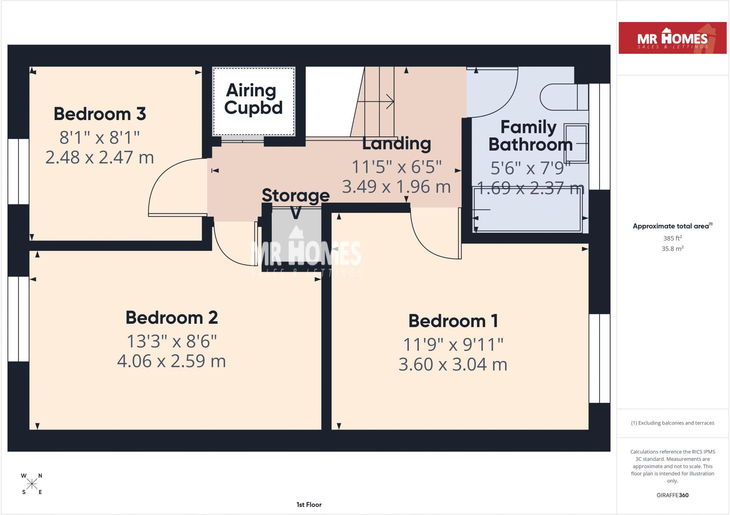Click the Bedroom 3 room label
(100, 114)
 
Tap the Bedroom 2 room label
(171, 317)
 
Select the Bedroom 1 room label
(453, 321)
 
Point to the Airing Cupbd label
(253, 99)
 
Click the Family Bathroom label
(530, 136)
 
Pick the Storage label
(295, 195)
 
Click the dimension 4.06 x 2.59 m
(171, 361)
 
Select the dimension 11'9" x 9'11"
(453, 344)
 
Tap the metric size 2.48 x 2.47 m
(100, 157)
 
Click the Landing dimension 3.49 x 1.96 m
(396, 186)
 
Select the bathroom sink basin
(576, 143)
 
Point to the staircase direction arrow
(375, 102)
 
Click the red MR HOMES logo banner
(673, 38)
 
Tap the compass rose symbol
(32, 484)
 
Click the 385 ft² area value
(672, 238)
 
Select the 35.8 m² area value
(672, 249)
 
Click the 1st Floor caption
(309, 504)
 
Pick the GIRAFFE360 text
(672, 495)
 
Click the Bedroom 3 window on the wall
(18, 171)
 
